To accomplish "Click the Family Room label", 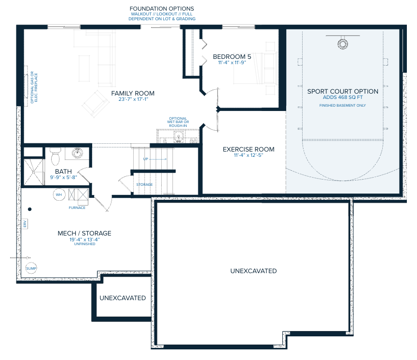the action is [133, 93].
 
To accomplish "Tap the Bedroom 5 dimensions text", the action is [232, 62].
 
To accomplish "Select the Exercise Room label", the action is [249, 150].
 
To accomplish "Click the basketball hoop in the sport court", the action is [343, 44].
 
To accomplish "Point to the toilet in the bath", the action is [56, 156].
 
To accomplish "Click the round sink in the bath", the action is [77, 153].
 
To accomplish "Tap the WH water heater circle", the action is [59, 194].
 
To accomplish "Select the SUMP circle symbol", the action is [31, 268].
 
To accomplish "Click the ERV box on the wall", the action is [25, 224].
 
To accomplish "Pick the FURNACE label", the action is [77, 208].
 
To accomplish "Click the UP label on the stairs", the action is [145, 159].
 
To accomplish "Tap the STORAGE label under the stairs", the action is [144, 184].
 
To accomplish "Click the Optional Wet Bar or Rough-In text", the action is [178, 122].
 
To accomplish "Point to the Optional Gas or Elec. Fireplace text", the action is [34, 87].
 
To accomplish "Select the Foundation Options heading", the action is [162, 9].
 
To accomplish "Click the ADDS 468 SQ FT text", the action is [343, 97].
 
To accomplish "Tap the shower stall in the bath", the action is [34, 172].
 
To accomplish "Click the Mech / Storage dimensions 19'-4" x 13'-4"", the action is [84, 239].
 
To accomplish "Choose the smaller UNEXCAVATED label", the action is [123, 298].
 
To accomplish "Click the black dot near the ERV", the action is [30, 209].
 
